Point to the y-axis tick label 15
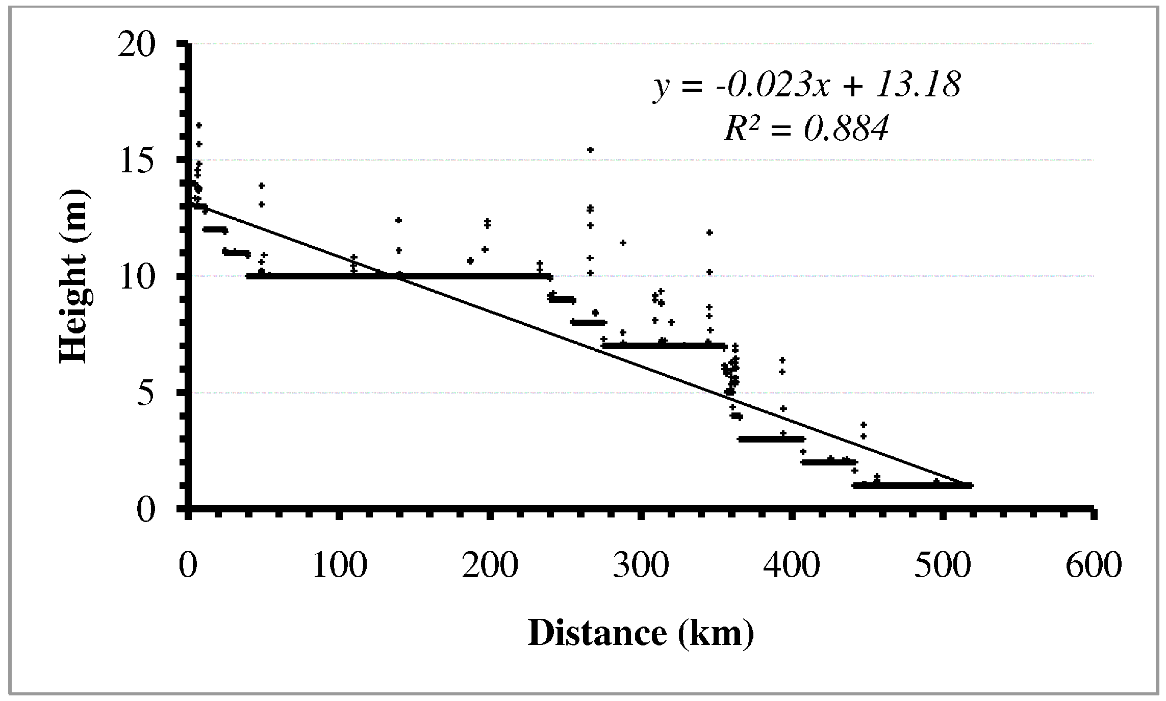click(136, 162)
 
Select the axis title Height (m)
click(74, 277)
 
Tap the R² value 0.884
click(847, 128)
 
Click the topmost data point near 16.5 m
click(199, 125)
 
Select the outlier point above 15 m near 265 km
click(590, 149)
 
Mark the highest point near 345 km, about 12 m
click(709, 232)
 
